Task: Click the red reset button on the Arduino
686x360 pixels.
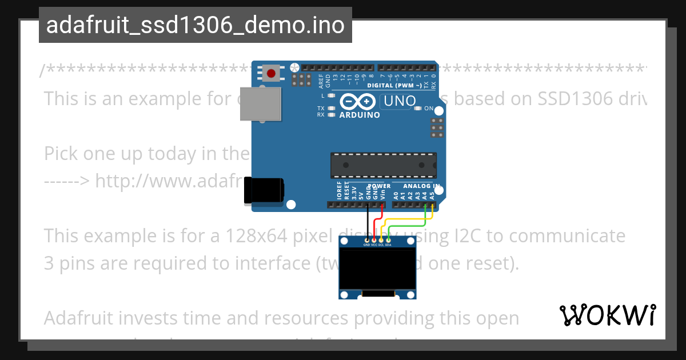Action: tap(271, 73)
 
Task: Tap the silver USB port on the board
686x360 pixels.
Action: tap(260, 103)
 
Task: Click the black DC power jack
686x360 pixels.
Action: tap(264, 190)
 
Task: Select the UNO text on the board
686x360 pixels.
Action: tap(396, 102)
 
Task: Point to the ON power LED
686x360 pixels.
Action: tap(418, 108)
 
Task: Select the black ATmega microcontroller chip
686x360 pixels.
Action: tap(383, 165)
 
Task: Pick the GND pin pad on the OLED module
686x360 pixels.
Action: tap(366, 239)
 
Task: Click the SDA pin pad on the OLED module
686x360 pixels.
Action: tap(388, 239)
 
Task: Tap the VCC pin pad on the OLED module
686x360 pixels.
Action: tap(374, 239)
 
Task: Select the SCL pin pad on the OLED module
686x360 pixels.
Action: tap(381, 239)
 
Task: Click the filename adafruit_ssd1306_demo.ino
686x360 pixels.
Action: tap(195, 25)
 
